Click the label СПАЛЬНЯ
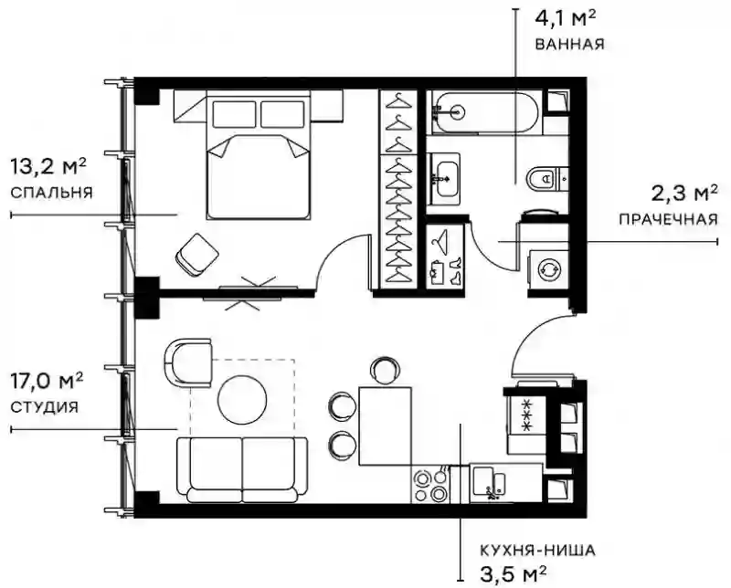tap(51, 193)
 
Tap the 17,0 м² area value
tap(47, 381)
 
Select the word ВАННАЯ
tap(569, 44)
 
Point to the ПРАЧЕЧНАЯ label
tap(669, 219)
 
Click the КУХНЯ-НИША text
tap(537, 551)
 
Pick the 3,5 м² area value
tap(513, 573)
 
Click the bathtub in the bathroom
tap(485, 112)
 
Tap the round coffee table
tap(242, 399)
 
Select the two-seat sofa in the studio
tap(242, 469)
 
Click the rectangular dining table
tap(385, 425)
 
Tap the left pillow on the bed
tap(234, 114)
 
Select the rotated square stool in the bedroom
tap(197, 255)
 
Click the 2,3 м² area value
tap(684, 193)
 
